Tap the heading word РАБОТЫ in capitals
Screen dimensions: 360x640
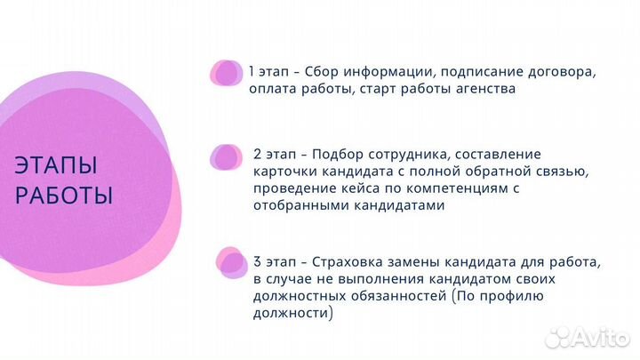click(x=63, y=195)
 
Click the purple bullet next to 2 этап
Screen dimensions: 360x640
click(x=226, y=157)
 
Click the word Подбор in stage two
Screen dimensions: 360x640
click(x=332, y=154)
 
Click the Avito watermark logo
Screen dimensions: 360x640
click(x=587, y=337)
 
